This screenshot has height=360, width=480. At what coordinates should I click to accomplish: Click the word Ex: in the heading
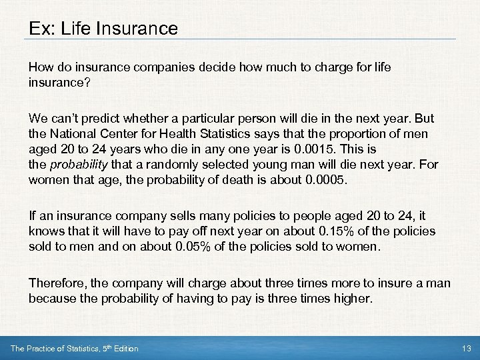[42, 29]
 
